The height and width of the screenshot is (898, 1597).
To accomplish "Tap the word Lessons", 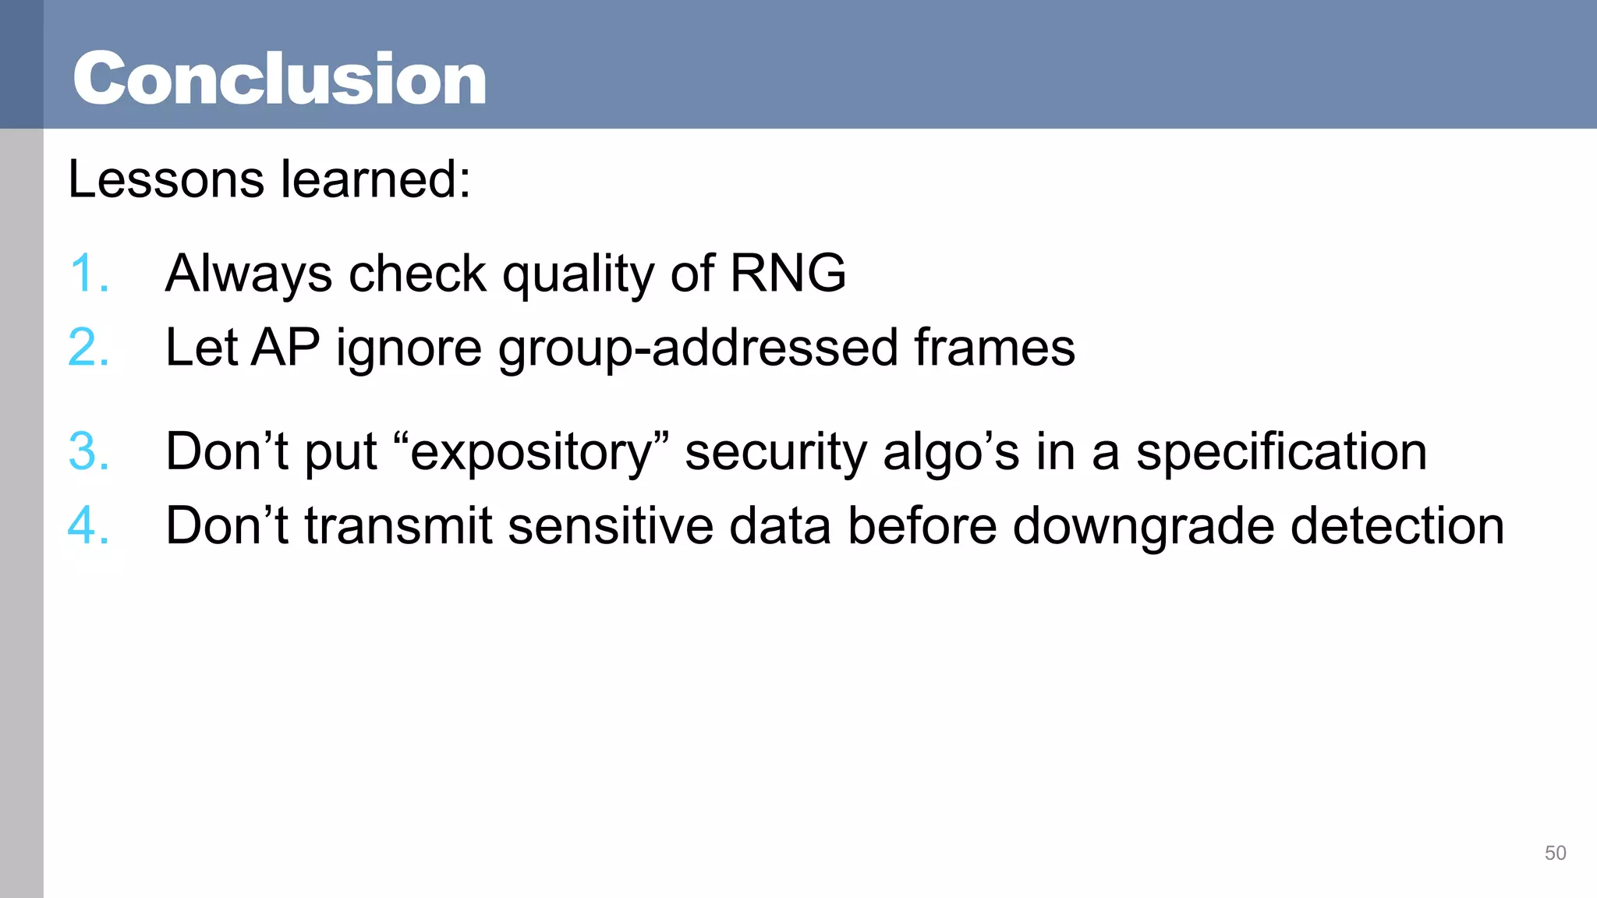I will [x=165, y=179].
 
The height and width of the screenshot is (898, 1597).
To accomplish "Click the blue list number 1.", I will [x=87, y=274].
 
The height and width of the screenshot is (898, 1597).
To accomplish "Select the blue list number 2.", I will [x=87, y=348].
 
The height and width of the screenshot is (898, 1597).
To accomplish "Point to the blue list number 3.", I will [x=87, y=451].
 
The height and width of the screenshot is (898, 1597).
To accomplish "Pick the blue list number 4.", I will [x=87, y=525].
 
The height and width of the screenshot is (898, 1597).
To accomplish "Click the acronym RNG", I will [x=787, y=274].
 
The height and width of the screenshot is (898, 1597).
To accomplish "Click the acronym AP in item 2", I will [x=285, y=348].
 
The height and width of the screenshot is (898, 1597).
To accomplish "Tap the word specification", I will [x=1281, y=453].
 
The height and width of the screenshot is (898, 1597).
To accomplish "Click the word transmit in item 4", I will [x=398, y=526].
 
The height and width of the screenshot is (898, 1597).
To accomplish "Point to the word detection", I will [x=1397, y=526].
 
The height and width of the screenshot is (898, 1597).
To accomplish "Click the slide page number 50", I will [x=1555, y=853].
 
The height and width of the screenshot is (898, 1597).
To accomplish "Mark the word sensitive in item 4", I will [x=611, y=526].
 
